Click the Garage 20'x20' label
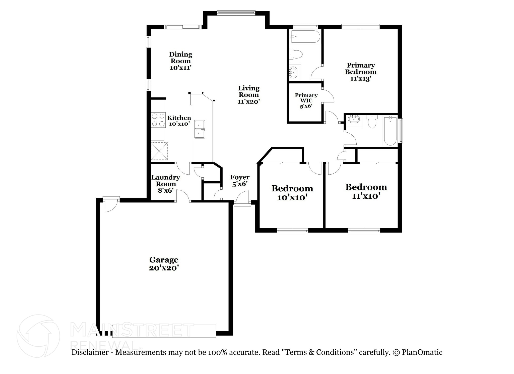[x=164, y=264]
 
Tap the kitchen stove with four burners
[x=158, y=120]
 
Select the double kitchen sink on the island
[x=200, y=129]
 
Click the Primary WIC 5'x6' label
[x=306, y=100]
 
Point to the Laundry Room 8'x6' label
[x=166, y=184]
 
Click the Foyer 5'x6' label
[x=240, y=181]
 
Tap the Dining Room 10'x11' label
[x=180, y=61]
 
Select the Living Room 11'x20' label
[x=248, y=95]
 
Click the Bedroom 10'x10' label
[x=292, y=193]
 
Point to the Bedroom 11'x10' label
[x=366, y=191]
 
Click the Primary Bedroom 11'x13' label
[x=361, y=72]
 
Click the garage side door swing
[x=110, y=205]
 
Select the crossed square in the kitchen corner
[x=159, y=151]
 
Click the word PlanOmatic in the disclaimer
[x=422, y=352]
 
